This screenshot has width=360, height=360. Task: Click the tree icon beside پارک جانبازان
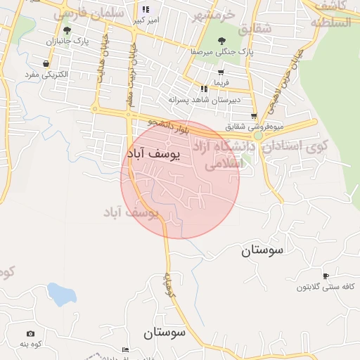point(67,30)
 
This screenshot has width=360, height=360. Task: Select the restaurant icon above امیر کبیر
point(146,10)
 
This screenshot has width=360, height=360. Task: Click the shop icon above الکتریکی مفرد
point(46,63)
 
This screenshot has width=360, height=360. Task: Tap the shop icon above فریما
point(221,72)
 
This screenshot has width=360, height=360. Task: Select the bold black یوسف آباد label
point(153,153)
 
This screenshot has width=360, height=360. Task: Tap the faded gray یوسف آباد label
point(131,211)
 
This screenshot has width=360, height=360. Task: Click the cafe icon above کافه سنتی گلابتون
point(325,276)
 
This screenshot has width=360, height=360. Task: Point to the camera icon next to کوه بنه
point(30,334)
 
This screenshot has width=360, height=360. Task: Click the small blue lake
point(61,294)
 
